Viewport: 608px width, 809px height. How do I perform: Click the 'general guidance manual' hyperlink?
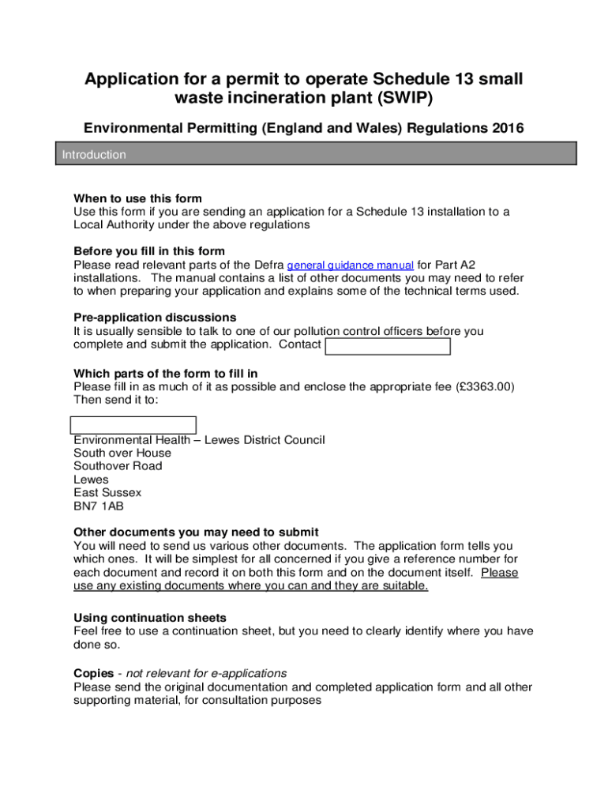(350, 265)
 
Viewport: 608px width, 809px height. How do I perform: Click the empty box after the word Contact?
(388, 346)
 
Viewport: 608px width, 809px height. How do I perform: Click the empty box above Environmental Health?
(133, 424)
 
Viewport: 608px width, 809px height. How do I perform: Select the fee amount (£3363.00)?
(486, 387)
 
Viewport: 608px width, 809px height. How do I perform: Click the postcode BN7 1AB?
(98, 506)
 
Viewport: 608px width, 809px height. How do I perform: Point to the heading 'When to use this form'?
(137, 198)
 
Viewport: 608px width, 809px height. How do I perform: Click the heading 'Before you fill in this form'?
(149, 252)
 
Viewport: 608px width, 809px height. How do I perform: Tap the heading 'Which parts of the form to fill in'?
(166, 374)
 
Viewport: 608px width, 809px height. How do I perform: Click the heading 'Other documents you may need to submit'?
(196, 532)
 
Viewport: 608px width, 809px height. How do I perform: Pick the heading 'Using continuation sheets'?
(150, 618)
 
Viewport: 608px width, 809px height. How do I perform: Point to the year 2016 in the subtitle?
(505, 128)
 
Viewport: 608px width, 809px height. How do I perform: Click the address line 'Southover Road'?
(118, 466)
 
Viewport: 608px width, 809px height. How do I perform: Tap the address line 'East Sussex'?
(107, 492)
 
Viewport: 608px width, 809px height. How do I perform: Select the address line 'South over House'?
(122, 453)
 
